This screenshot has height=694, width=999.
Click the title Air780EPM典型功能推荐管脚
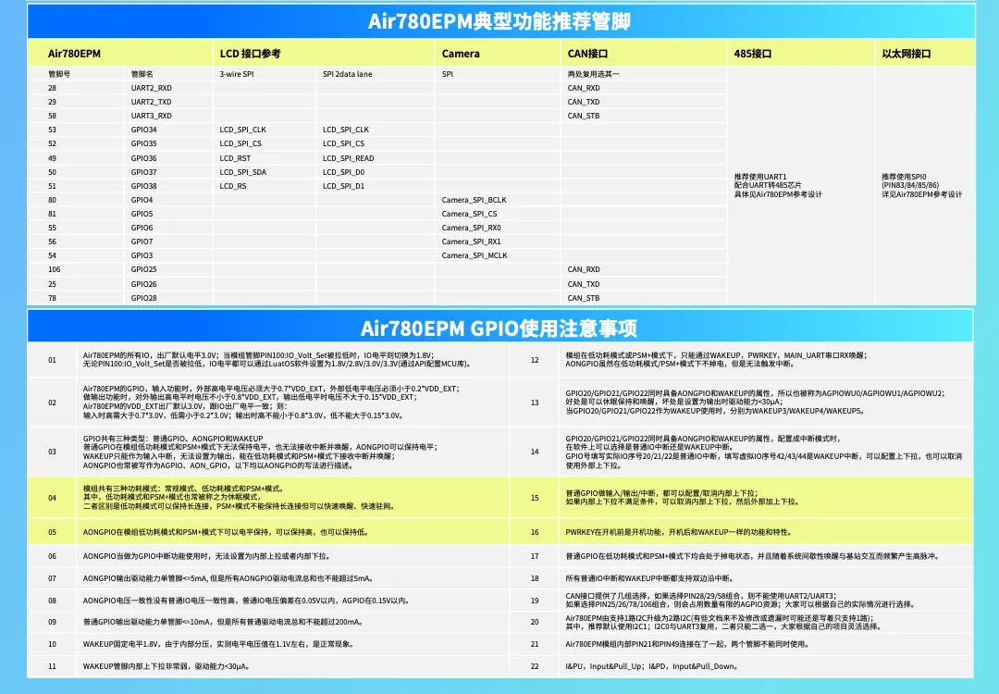point(499,21)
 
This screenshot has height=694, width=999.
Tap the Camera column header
point(461,54)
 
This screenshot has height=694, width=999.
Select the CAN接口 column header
point(587,54)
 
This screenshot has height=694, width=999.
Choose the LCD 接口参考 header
point(250,54)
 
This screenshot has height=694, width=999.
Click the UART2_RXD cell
point(151,88)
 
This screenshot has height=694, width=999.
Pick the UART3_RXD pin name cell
point(151,116)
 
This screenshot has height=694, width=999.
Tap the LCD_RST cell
point(235,158)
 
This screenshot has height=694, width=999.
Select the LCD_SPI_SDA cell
point(242,172)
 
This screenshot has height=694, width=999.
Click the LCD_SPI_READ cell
point(349,158)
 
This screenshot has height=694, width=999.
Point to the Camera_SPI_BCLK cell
point(474,200)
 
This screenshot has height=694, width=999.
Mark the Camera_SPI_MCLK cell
point(475,255)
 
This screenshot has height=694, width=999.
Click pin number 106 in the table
point(54,269)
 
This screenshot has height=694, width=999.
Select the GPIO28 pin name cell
point(143,298)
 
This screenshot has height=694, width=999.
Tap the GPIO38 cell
point(143,186)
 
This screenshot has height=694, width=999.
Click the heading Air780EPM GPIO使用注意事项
point(499,328)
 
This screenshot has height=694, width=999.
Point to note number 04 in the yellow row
point(53,498)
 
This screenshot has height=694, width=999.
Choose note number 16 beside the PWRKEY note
point(535,532)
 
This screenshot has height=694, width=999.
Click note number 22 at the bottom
point(535,666)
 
